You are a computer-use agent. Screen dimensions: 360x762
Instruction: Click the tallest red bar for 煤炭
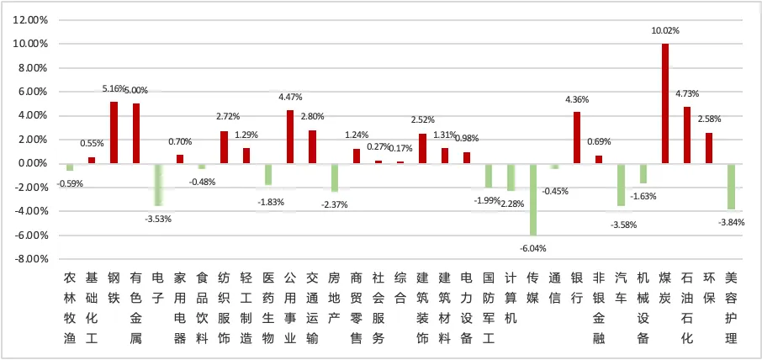tap(665, 103)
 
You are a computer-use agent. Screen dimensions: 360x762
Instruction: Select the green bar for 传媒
tap(532, 199)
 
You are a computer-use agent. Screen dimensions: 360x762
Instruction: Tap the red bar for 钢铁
tap(114, 132)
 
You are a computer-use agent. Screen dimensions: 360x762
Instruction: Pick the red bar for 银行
tap(577, 137)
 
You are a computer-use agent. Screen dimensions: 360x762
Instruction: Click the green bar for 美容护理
tap(732, 186)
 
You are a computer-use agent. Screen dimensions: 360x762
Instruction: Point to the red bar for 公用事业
tap(290, 136)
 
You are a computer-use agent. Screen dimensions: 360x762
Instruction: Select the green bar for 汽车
tap(622, 184)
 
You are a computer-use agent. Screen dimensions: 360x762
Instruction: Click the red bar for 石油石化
tap(687, 135)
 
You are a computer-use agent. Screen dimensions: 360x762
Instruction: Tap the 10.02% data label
tap(665, 30)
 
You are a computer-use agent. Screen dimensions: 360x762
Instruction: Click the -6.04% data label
tap(532, 248)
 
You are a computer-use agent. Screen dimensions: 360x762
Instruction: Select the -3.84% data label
tap(732, 222)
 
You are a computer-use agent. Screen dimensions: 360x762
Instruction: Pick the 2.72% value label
tap(224, 118)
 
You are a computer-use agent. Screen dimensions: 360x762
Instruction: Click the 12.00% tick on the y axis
tap(31, 19)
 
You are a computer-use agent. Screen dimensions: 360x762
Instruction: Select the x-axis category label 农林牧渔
tap(70, 307)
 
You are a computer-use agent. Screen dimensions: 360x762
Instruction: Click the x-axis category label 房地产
tap(334, 297)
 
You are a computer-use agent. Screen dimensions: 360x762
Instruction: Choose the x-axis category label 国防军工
tap(489, 307)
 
